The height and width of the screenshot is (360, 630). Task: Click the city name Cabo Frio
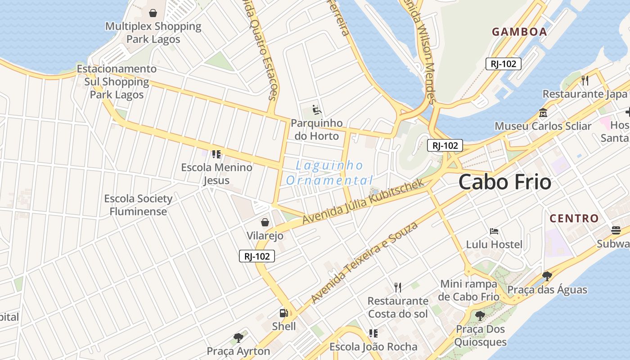pos(505,182)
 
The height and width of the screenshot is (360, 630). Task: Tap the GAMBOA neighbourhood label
pos(519,32)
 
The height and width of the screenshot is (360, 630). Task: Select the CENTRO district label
pos(574,219)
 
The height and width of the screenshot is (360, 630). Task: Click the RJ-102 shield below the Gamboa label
pos(503,64)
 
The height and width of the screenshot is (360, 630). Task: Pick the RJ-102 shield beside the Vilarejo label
pos(256,256)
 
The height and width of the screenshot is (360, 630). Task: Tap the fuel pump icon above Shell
pos(283,313)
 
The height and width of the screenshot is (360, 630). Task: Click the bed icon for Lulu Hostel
pos(494,231)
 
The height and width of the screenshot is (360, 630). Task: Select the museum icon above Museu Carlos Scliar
pos(543,112)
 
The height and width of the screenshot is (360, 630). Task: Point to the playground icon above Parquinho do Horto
pos(316,109)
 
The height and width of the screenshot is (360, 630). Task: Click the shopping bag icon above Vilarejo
pos(265,222)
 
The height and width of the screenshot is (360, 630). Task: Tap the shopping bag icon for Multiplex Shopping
pos(153,13)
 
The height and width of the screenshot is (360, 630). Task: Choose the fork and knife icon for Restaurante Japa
pos(585,81)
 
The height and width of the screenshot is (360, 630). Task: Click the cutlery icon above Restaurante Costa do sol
pos(397,287)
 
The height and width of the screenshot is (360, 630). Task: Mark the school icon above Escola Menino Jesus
pos(216,154)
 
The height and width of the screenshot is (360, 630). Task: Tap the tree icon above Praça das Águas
pos(547,276)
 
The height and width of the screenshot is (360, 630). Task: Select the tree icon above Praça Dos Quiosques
pos(480,315)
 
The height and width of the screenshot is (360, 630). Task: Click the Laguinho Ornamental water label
pos(329,173)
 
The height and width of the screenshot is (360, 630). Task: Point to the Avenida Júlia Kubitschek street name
pos(364,201)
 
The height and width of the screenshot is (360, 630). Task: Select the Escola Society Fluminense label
pos(138,205)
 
